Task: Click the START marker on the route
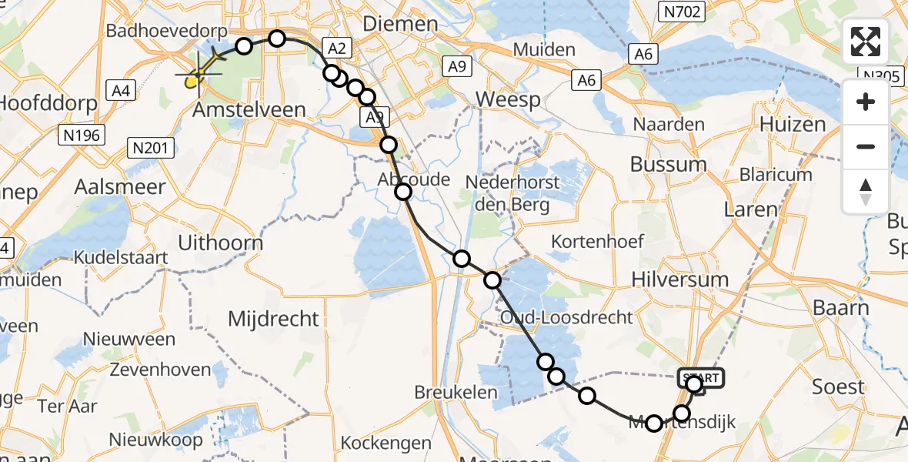700,378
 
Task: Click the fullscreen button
866,42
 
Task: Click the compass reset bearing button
866,189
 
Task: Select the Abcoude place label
413,179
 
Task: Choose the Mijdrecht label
274,318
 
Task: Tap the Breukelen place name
456,392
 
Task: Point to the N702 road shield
681,11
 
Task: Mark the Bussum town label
668,164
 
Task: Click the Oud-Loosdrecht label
566,317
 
